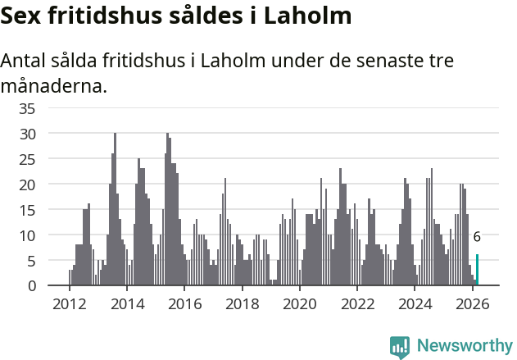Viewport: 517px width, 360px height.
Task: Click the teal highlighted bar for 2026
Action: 478,270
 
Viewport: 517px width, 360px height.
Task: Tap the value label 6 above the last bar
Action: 477,237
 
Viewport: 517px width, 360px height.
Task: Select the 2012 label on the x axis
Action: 69,303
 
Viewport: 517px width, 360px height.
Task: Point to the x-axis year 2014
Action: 127,303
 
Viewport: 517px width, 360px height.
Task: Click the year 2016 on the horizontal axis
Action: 184,303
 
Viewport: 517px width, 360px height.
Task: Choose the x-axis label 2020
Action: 300,303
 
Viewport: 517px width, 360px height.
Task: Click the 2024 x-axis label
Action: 415,303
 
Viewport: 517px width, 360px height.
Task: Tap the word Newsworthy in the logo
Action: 464,346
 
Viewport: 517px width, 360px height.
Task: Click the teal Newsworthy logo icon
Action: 400,348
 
